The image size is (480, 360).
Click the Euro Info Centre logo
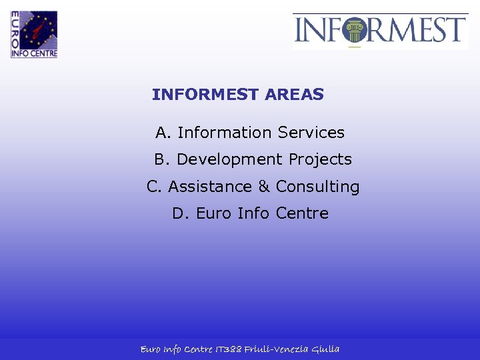[34, 34]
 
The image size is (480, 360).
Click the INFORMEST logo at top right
[380, 31]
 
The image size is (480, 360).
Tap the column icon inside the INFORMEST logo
[354, 31]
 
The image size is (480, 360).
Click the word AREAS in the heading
[294, 95]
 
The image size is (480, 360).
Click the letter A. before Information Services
[164, 133]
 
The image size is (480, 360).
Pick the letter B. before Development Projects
[163, 160]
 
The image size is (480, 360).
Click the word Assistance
[210, 187]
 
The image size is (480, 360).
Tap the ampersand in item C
[264, 187]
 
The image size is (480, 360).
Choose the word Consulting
[317, 187]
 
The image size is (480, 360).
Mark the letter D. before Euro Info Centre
[181, 213]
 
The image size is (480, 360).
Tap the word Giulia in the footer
[326, 349]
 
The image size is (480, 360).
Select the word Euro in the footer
[151, 349]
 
